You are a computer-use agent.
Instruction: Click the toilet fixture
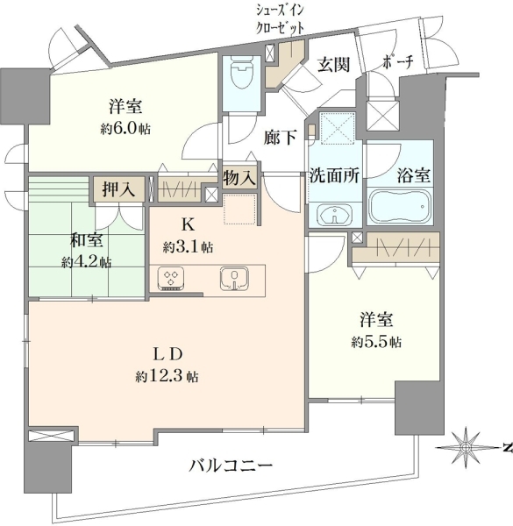[x=241, y=71]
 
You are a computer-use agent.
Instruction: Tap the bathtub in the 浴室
[x=399, y=206]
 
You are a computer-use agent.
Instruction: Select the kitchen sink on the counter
[x=234, y=278]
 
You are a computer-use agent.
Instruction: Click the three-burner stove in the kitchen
[x=173, y=278]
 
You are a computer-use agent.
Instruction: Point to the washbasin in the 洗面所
[x=334, y=214]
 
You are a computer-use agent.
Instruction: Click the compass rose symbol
[x=465, y=447]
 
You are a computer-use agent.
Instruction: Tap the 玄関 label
[x=334, y=64]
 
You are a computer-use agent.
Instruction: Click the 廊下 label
[x=280, y=138]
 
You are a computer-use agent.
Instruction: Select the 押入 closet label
[x=118, y=190]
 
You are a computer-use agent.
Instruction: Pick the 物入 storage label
[x=240, y=178]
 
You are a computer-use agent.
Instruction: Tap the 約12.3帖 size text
[x=167, y=377]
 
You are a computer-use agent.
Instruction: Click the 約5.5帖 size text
[x=376, y=342]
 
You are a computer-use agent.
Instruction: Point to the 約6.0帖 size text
[x=125, y=129]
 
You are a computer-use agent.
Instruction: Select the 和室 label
[x=86, y=240]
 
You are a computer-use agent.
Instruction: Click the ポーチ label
[x=397, y=62]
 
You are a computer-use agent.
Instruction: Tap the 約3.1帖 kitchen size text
[x=188, y=248]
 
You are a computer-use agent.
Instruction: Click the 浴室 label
[x=414, y=174]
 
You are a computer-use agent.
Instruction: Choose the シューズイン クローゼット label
[x=280, y=19]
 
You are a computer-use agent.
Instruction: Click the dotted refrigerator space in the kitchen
[x=239, y=209]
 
